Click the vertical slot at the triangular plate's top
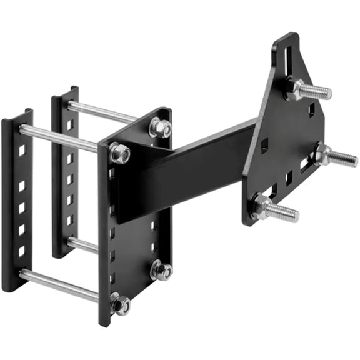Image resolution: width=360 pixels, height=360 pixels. point(288,56)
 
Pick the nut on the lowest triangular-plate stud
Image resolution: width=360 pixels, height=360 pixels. point(261,204)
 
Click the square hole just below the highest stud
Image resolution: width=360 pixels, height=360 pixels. point(311,109)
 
